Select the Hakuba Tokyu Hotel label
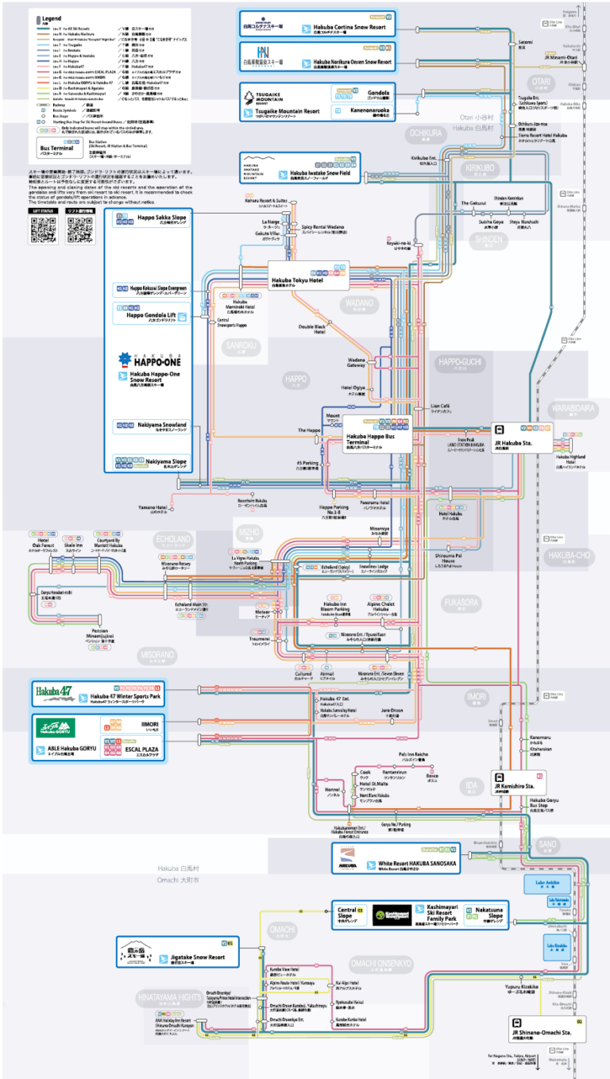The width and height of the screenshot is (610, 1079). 298,279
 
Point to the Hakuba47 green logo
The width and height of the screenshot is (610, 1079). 54,696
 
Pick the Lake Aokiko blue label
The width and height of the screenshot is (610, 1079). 558,882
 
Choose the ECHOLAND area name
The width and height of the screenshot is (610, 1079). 174,539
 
